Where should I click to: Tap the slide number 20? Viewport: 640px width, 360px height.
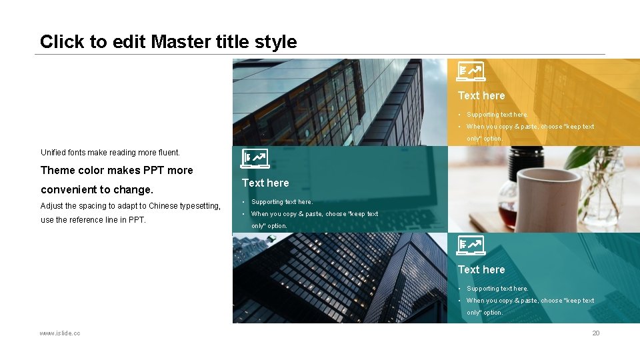coord(596,333)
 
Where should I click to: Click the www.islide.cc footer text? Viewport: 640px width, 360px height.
coord(60,333)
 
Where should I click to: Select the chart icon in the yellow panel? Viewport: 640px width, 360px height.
coord(471,71)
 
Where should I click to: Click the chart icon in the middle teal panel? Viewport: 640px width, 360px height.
coord(254,158)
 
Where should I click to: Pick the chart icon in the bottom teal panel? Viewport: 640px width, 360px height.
coord(471,246)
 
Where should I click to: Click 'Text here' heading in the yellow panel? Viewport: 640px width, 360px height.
coord(481,95)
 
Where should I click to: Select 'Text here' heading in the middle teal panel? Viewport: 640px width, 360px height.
coord(265,183)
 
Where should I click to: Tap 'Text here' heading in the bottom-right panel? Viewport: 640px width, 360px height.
coord(481,269)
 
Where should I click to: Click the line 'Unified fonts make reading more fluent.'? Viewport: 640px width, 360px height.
coord(110,153)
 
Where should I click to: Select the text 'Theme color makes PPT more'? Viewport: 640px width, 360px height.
coord(117,170)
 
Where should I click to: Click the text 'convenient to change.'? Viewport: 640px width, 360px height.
coord(97,189)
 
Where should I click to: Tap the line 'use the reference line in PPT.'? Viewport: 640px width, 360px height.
coord(93,220)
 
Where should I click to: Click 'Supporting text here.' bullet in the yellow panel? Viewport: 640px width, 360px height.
coord(497,115)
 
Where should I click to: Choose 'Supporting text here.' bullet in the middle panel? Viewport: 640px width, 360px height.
coord(281,202)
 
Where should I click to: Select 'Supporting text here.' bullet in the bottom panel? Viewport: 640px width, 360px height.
coord(497,289)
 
